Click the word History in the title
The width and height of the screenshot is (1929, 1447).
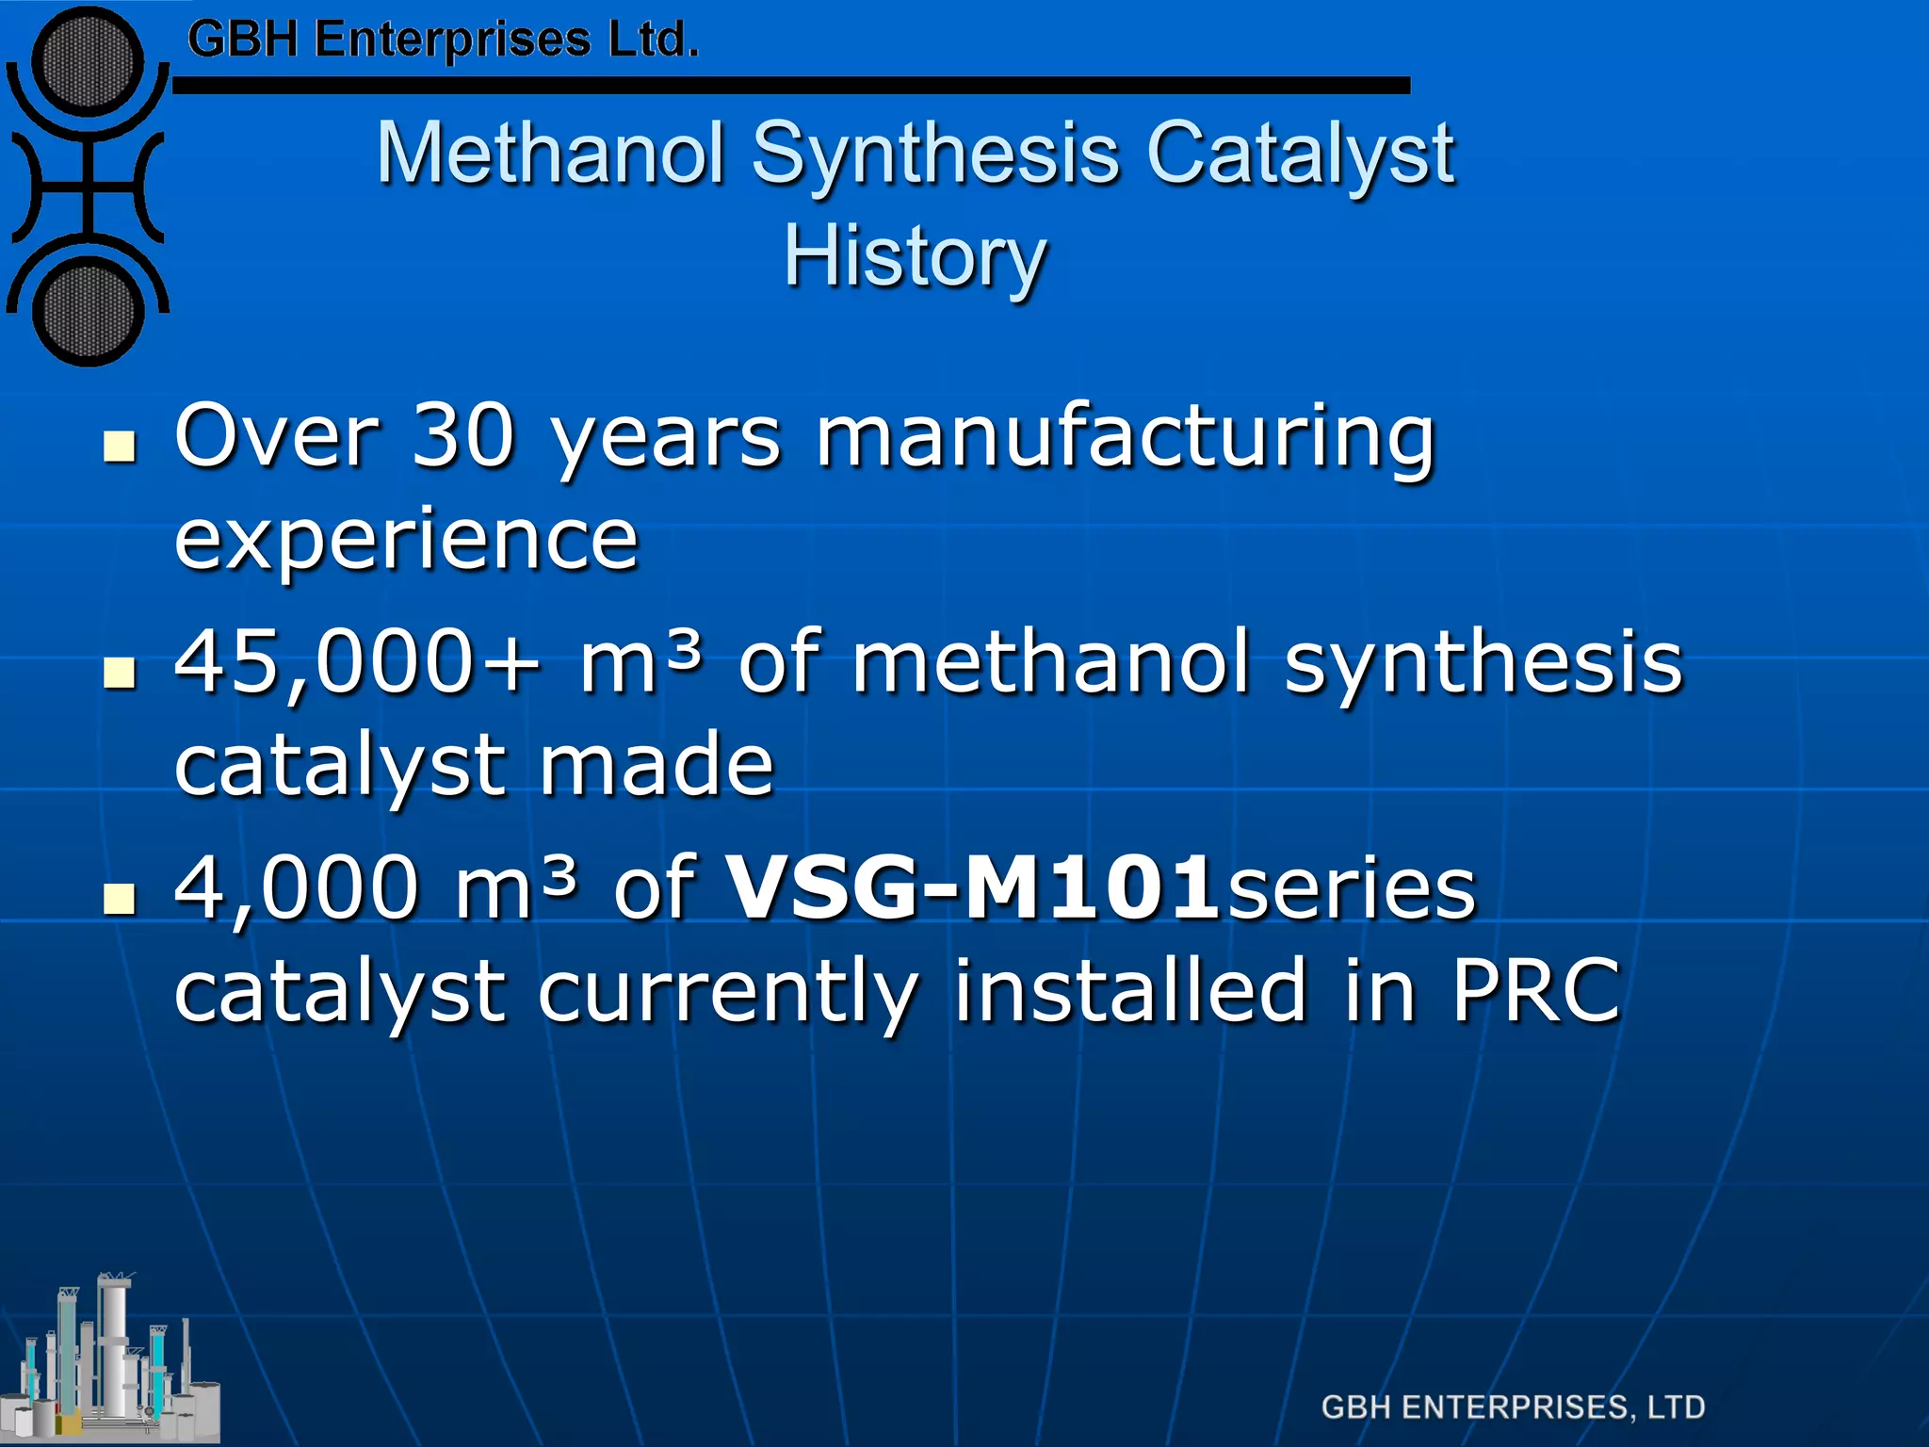coord(915,256)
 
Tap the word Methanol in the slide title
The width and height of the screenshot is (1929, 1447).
coord(551,154)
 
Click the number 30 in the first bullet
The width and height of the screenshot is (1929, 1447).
coord(463,435)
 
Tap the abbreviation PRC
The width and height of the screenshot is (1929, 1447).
coord(1535,990)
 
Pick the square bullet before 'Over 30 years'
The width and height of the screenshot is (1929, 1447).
coord(119,447)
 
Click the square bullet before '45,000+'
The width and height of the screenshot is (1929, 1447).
coord(119,673)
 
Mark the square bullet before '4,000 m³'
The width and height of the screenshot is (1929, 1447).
coord(119,899)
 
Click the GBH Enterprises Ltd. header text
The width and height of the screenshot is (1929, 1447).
coord(443,40)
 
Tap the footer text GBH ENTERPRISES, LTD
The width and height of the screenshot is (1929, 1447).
coord(1513,1407)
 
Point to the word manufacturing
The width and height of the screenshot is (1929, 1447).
coord(1126,435)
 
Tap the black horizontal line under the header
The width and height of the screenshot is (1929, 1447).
coord(791,86)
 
